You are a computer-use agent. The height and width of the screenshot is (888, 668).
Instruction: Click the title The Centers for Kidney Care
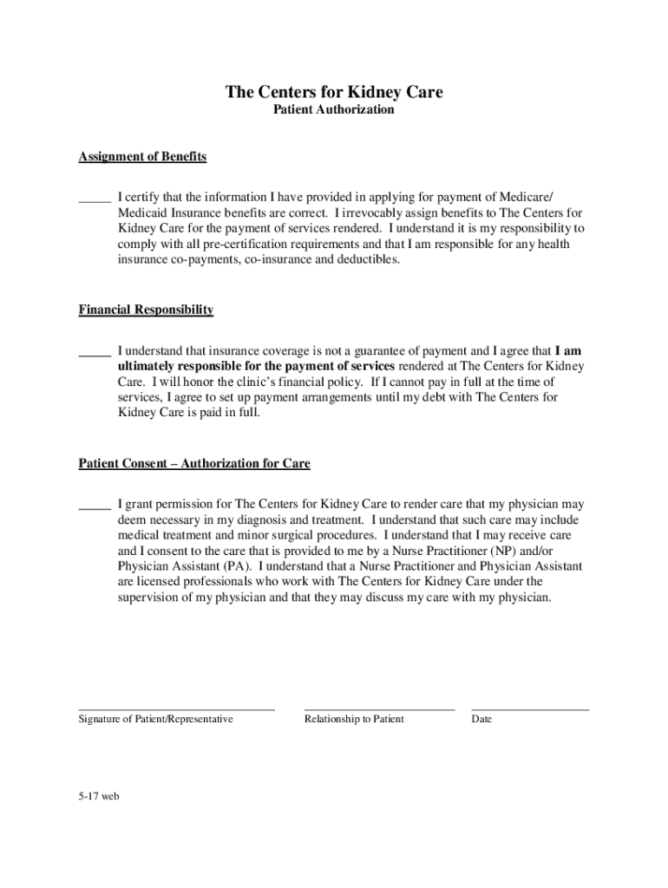pyautogui.click(x=334, y=92)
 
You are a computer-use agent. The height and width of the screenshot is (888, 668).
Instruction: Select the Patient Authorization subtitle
pyautogui.click(x=334, y=110)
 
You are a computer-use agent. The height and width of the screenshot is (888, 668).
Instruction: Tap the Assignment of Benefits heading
pyautogui.click(x=142, y=157)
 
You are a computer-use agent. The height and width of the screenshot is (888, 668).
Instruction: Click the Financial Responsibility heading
pyautogui.click(x=146, y=310)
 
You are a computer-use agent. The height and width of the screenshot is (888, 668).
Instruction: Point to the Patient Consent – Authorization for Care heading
pyautogui.click(x=194, y=464)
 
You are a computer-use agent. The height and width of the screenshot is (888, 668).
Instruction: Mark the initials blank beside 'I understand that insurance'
pyautogui.click(x=95, y=353)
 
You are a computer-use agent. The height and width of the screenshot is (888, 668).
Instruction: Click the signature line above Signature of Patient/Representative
pyautogui.click(x=176, y=709)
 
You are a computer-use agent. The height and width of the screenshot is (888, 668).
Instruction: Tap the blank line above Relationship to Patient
pyautogui.click(x=379, y=709)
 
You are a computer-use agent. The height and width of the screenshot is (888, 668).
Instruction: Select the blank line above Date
pyautogui.click(x=529, y=709)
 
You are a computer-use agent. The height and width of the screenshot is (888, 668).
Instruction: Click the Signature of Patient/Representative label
pyautogui.click(x=155, y=720)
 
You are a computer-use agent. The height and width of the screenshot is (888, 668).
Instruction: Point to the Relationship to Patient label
pyautogui.click(x=354, y=720)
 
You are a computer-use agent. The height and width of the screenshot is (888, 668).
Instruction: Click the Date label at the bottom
pyautogui.click(x=481, y=720)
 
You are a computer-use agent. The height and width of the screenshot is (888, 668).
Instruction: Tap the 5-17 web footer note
pyautogui.click(x=98, y=798)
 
